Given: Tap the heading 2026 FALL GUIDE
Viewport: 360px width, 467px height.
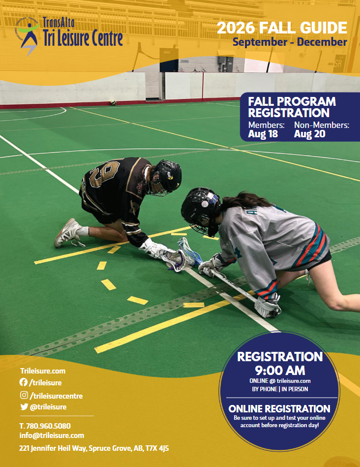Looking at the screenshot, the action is click(282, 28).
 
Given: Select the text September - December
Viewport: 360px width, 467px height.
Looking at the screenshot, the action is click(290, 42).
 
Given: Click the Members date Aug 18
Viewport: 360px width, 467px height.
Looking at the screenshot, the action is click(263, 134).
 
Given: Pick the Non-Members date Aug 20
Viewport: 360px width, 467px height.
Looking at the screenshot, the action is click(310, 134).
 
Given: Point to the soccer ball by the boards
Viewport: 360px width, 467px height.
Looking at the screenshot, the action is click(113, 102).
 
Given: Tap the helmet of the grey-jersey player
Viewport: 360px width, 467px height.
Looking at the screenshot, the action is click(201, 211).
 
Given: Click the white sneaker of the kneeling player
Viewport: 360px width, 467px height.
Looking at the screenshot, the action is click(68, 233).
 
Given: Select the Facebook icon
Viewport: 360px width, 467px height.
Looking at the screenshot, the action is click(24, 382).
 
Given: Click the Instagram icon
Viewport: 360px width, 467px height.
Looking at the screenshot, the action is click(24, 395).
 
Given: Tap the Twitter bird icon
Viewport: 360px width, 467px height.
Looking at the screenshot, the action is click(24, 406).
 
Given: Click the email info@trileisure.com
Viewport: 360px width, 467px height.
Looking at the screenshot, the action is click(52, 436).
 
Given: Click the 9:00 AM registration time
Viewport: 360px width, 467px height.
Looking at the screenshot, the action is click(280, 371).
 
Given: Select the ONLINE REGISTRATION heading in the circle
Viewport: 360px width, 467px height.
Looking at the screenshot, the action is click(279, 408).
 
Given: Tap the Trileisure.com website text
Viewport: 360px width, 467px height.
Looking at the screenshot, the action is click(43, 371).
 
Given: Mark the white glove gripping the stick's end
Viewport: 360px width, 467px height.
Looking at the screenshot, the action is click(268, 307).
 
